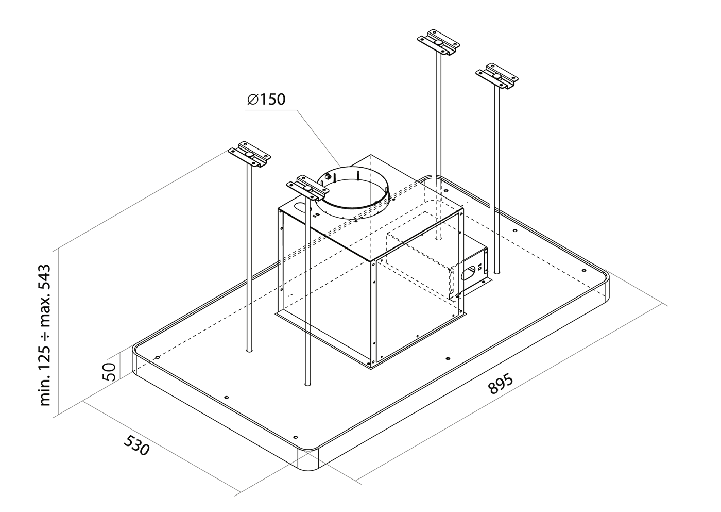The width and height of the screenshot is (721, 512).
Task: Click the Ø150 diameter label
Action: [266, 100]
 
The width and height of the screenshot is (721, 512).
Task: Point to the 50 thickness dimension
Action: [110, 372]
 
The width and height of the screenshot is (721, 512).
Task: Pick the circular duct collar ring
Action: [353, 193]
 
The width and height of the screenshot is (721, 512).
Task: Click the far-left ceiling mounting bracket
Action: [249, 154]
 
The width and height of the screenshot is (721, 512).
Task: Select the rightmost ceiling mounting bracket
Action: [497, 76]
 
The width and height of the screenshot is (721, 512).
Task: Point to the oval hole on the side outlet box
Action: [468, 272]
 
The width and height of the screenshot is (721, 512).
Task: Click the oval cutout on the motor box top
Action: [302, 208]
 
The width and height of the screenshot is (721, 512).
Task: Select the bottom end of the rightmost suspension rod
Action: [497, 272]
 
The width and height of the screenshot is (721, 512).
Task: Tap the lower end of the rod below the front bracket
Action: [308, 384]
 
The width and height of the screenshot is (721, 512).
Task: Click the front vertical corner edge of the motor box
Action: [373, 315]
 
